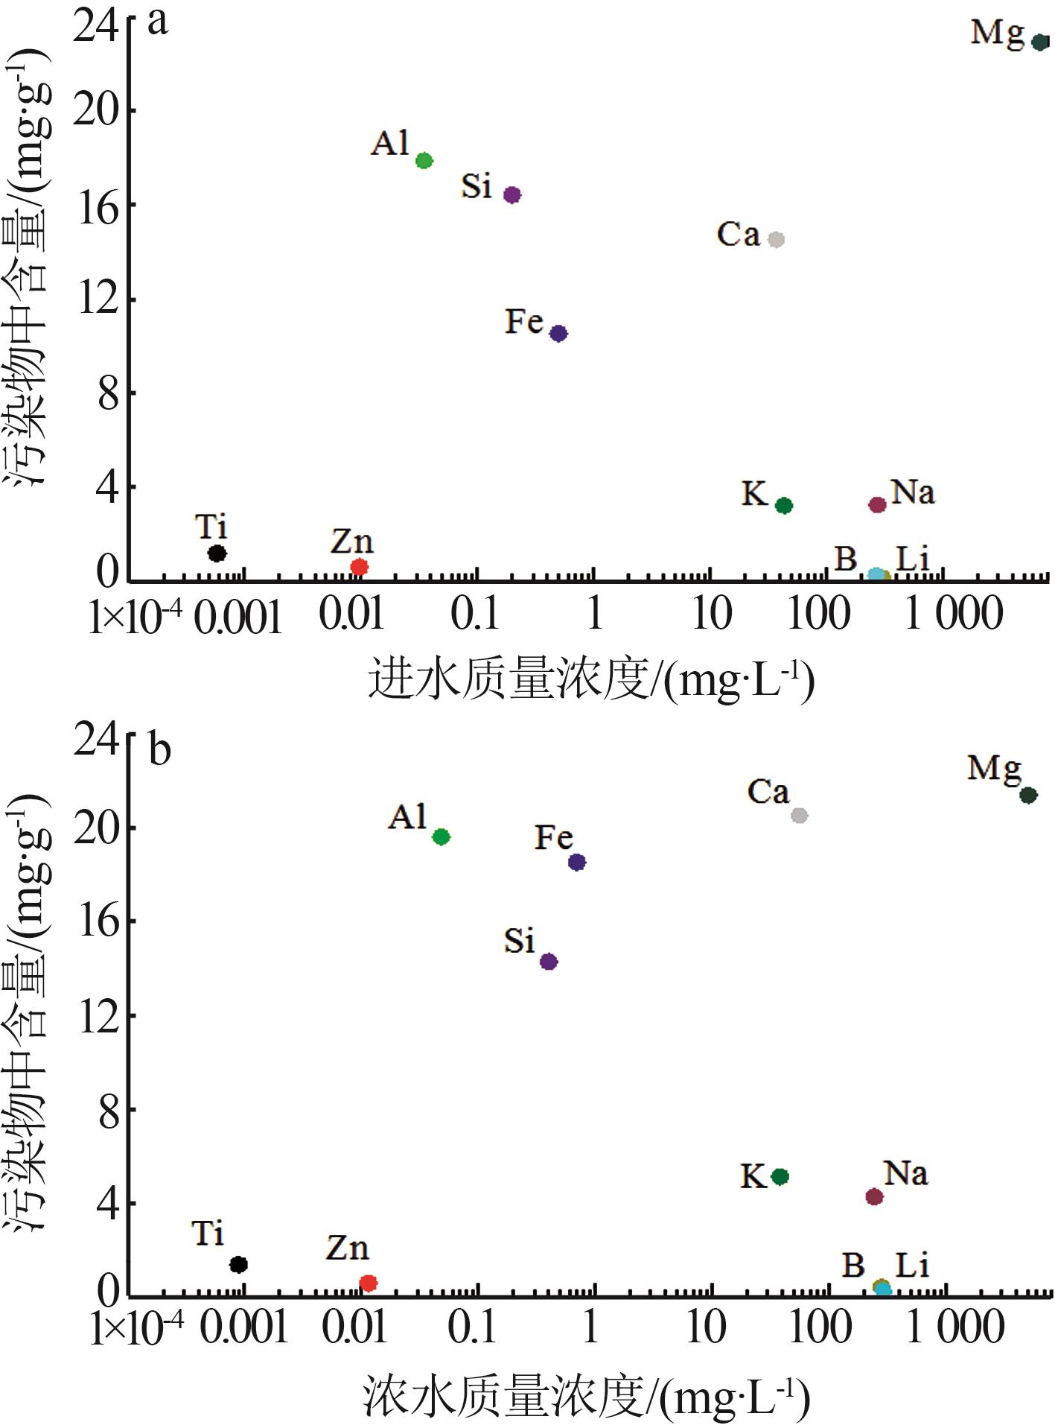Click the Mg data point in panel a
(1040, 42)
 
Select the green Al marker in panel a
(424, 160)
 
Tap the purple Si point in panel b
(549, 961)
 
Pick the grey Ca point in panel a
(776, 239)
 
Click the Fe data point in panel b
(577, 862)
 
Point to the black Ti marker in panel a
(217, 553)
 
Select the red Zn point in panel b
(368, 1283)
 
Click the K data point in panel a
(783, 505)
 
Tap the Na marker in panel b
(874, 1196)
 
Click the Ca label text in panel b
(768, 792)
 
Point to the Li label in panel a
(912, 559)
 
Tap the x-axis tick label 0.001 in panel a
(238, 617)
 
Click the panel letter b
(159, 749)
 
